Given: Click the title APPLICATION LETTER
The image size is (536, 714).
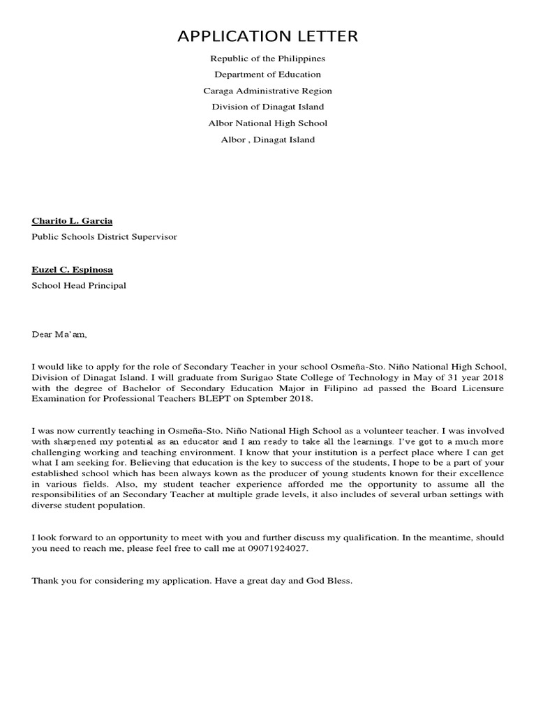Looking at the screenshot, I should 268,36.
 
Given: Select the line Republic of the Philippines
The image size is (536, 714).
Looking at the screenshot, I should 268,59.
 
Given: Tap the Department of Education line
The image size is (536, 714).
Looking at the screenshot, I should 268,75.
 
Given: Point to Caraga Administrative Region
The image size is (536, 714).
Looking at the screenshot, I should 268,91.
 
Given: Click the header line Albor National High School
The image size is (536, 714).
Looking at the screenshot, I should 268,123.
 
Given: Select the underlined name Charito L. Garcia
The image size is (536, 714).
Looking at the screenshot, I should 72,221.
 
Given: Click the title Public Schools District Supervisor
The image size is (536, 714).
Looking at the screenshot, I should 104,237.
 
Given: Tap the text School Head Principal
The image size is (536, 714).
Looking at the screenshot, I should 79,286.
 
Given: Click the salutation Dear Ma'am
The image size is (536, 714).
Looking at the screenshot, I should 59,335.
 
